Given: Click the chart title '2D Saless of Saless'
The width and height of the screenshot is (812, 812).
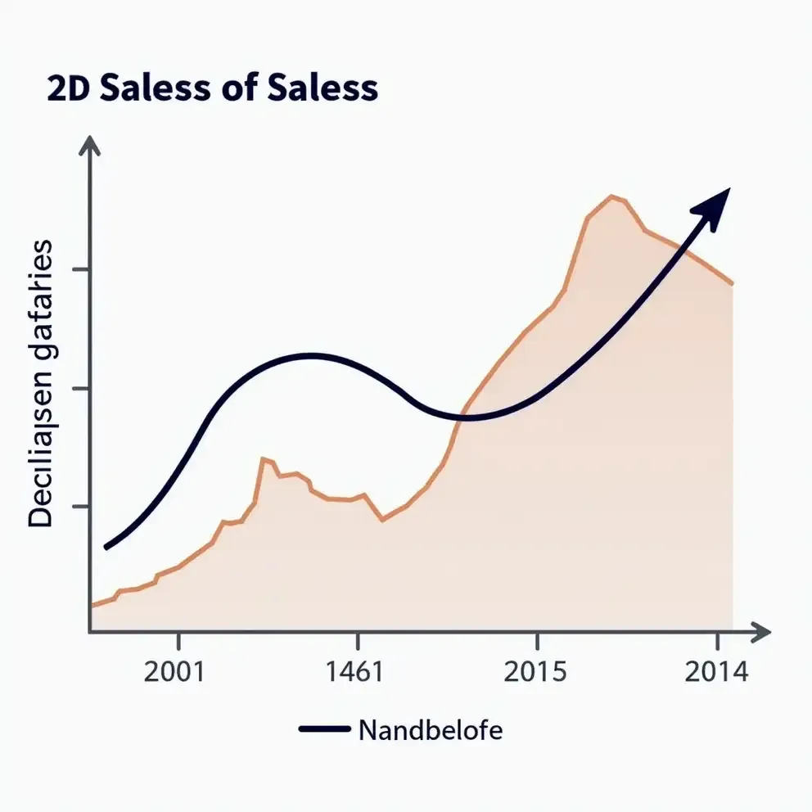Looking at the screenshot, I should tap(213, 88).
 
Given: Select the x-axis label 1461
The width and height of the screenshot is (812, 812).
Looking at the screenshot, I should tap(354, 672).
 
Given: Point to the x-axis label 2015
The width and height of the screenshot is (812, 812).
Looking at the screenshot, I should tap(535, 672).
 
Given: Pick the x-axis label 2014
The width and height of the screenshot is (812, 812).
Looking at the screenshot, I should tap(717, 672).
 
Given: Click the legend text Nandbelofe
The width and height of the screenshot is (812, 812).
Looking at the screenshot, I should tap(431, 729).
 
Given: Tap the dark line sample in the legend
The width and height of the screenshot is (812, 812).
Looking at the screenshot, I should tap(325, 729).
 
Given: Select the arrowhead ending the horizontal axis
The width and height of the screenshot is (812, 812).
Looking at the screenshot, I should tap(761, 631).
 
